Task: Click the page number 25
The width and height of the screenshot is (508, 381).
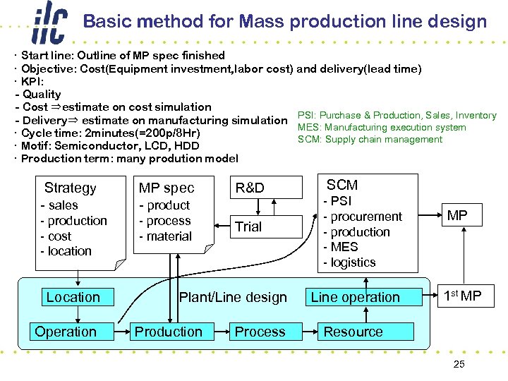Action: (x=458, y=364)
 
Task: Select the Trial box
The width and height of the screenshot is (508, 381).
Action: (x=248, y=226)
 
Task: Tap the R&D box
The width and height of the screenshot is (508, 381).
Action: (x=250, y=188)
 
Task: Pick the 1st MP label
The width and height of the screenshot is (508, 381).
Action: (x=461, y=296)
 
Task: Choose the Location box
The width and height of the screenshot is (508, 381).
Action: (x=73, y=297)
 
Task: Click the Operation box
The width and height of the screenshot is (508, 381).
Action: (x=66, y=332)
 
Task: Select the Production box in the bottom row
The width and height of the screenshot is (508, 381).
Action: (x=168, y=332)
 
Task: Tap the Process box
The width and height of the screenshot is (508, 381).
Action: (x=260, y=332)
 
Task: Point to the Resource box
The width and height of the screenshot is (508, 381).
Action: (x=353, y=332)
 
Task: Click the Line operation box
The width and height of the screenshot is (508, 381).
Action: (x=355, y=297)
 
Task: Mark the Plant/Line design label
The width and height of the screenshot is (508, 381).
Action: (x=233, y=297)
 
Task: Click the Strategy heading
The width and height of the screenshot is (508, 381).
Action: (x=70, y=188)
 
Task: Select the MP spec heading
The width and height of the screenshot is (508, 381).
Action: (x=167, y=188)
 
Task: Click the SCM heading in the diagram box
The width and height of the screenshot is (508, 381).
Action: (x=342, y=185)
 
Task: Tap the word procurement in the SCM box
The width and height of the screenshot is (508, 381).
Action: (x=366, y=217)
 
